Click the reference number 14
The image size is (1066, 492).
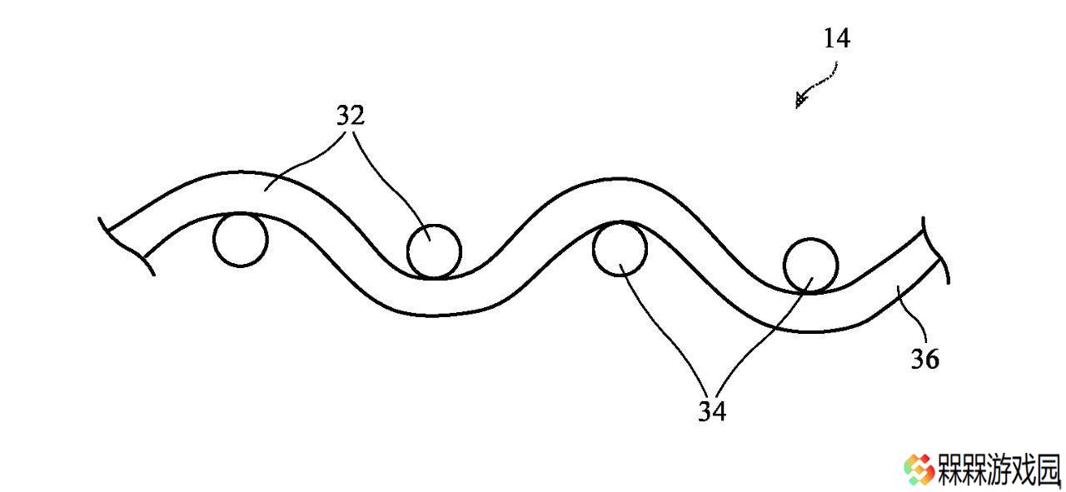click(837, 38)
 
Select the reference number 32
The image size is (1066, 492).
click(351, 116)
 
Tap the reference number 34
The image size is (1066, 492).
click(712, 411)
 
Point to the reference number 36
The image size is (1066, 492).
click(924, 359)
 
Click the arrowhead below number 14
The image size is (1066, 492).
click(800, 101)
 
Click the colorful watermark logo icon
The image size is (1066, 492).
click(919, 470)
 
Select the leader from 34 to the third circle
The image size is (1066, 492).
click(666, 328)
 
